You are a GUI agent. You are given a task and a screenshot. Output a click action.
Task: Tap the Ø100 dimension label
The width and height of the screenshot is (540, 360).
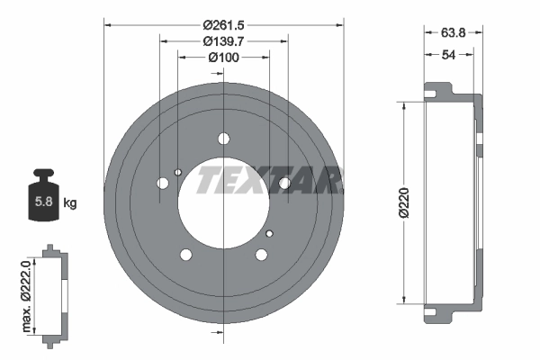click(223, 58)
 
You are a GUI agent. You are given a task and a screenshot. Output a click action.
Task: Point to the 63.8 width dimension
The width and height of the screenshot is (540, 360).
click(452, 32)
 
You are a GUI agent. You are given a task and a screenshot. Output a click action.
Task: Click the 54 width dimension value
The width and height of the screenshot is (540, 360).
click(448, 55)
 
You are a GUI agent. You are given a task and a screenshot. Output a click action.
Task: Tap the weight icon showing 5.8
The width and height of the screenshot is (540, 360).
click(43, 197)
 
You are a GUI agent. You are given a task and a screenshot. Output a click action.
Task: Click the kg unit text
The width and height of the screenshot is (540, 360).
click(70, 203)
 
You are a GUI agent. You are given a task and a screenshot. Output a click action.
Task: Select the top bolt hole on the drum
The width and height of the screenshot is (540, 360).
click(223, 139)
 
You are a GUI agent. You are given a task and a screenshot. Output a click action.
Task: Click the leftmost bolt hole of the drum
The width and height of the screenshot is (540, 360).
click(163, 184)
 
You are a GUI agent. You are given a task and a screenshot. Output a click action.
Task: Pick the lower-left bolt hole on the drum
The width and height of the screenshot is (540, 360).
click(186, 254)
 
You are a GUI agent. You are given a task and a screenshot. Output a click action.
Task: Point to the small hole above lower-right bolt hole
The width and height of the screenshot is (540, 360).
click(268, 233)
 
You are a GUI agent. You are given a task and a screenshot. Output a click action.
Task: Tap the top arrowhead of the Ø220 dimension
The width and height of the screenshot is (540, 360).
click(404, 105)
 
